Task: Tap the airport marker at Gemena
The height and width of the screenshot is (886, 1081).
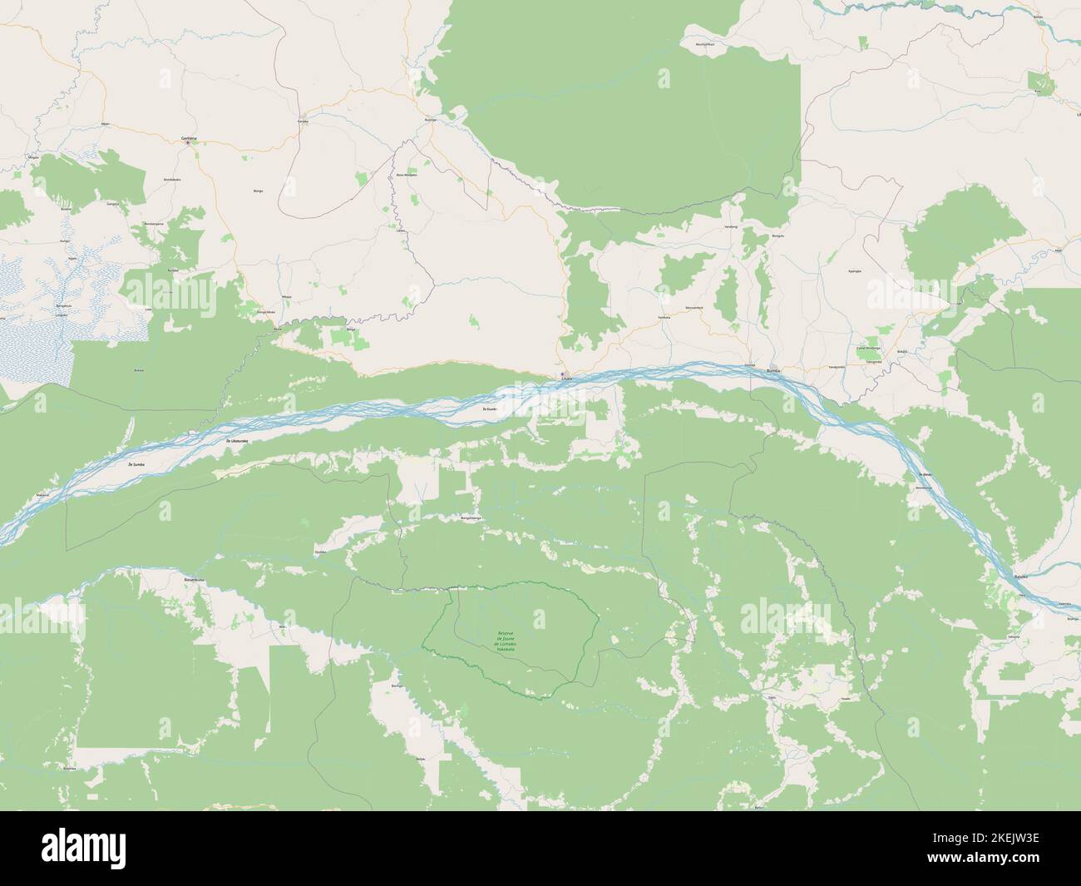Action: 189,142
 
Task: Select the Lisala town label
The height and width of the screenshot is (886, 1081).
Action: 566,379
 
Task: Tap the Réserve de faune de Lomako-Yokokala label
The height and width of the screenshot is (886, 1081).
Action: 506,639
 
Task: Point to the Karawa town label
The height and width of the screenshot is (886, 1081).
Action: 304,121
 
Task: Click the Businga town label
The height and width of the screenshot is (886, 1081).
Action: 430,121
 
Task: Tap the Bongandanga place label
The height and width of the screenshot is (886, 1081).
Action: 471,517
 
